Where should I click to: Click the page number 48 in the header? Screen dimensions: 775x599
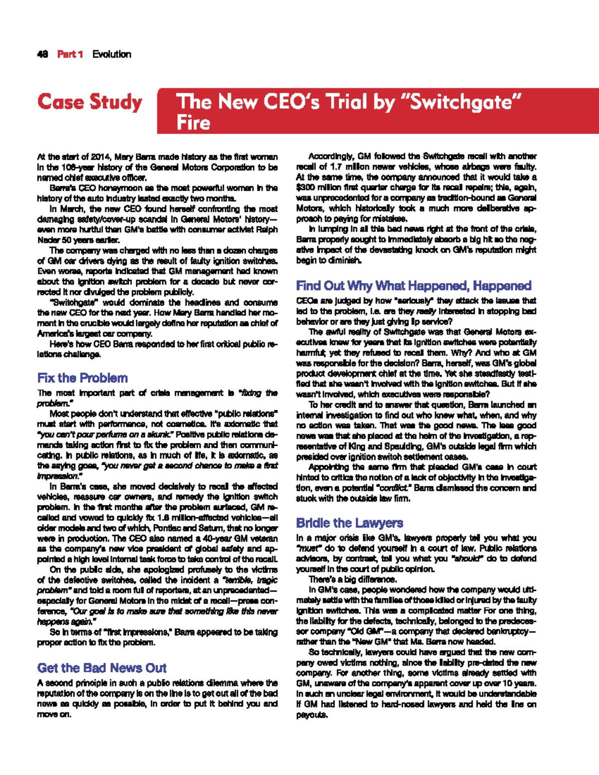[42, 54]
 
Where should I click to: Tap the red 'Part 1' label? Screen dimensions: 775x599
[70, 54]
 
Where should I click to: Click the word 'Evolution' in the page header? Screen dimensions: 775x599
[112, 54]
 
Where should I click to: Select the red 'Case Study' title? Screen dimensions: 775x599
[90, 102]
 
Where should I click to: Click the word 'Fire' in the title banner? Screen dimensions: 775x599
[193, 123]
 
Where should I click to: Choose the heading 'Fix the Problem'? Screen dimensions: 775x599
[82, 378]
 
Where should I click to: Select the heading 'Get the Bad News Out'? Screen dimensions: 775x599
[102, 668]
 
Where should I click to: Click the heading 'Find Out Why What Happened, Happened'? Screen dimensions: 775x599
[413, 285]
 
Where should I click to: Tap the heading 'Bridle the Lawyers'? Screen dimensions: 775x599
[349, 523]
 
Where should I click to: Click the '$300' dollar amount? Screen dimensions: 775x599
[305, 188]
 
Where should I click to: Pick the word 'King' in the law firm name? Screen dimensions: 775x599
[356, 447]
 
